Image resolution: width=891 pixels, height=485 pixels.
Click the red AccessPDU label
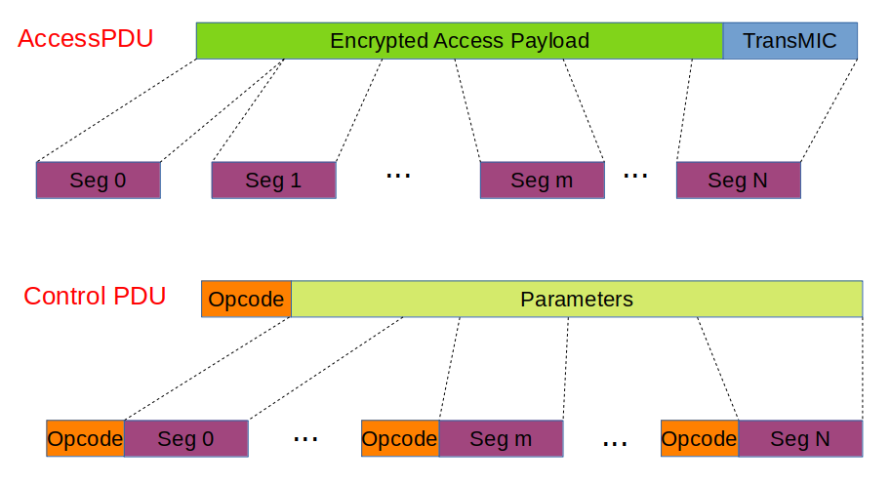[85, 39]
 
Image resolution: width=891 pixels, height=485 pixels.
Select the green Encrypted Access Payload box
[459, 41]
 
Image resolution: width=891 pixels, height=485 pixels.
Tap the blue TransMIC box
[790, 41]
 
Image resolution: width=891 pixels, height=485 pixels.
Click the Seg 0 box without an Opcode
[98, 181]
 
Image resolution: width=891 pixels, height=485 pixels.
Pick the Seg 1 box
[273, 181]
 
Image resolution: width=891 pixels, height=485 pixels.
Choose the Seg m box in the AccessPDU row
[542, 181]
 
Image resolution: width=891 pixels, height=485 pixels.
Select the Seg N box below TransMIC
[738, 181]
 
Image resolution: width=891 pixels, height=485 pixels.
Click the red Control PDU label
[95, 296]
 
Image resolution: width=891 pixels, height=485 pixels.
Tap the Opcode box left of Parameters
[246, 300]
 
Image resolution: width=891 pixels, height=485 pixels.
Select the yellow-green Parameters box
[577, 300]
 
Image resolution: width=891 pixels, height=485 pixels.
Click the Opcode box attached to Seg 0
[85, 439]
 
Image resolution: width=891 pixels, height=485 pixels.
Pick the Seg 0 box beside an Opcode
[185, 439]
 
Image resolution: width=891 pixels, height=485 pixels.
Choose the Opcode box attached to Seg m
[399, 439]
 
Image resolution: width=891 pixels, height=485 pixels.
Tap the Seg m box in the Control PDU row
[501, 439]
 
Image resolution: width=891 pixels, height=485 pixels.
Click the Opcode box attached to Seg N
[699, 439]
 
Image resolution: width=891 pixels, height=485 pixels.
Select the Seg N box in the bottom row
[800, 439]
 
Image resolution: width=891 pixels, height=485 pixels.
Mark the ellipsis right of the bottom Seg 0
[305, 439]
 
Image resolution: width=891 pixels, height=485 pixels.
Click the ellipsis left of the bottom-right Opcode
[614, 443]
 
